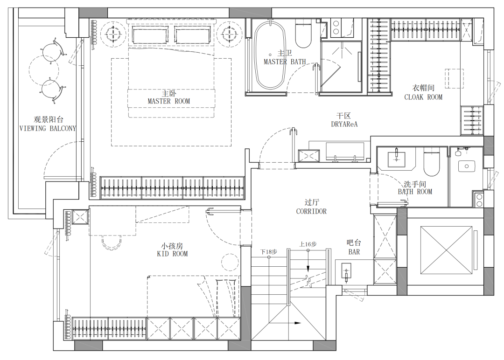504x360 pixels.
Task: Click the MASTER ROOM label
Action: click(169, 101)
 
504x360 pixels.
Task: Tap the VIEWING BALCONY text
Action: click(48, 128)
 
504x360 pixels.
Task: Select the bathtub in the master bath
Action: click(270, 55)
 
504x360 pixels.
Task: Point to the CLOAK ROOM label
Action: click(423, 97)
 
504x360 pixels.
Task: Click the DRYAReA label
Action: click(344, 124)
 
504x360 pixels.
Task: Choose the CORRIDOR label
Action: click(311, 211)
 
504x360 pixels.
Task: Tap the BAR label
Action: click(354, 252)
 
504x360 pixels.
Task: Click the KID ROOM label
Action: click(172, 254)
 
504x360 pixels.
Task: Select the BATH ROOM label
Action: click(415, 192)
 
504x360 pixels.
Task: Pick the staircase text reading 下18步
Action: click(269, 252)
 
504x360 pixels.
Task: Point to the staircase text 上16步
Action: click(308, 244)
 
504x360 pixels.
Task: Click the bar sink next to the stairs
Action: click(346, 271)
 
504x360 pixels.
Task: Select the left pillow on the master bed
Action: click(150, 35)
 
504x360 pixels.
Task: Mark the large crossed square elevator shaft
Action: click(446, 250)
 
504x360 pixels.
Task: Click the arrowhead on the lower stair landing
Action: click(297, 323)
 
